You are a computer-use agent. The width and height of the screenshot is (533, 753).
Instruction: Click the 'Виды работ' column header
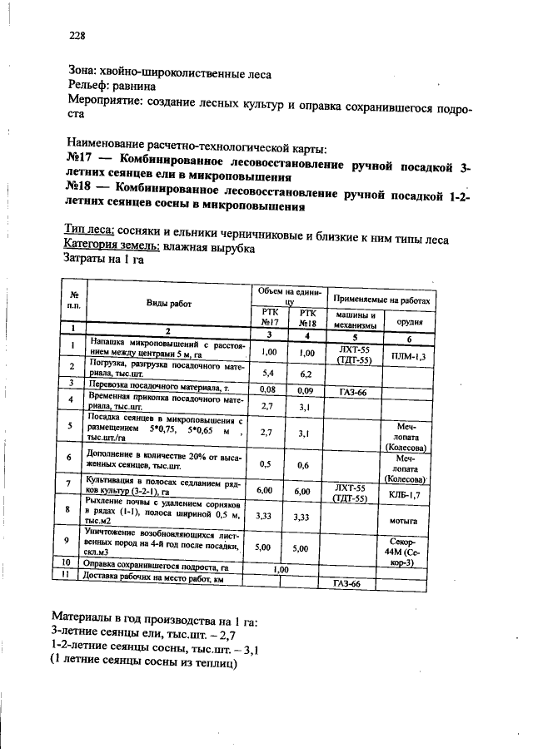169,304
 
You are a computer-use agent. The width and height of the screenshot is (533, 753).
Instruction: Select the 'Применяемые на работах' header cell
381,299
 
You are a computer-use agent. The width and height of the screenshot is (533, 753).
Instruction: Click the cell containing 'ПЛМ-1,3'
408,356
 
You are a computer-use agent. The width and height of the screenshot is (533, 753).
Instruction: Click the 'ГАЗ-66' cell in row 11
346,584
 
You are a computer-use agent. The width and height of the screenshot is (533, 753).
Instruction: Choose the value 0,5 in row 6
266,464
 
